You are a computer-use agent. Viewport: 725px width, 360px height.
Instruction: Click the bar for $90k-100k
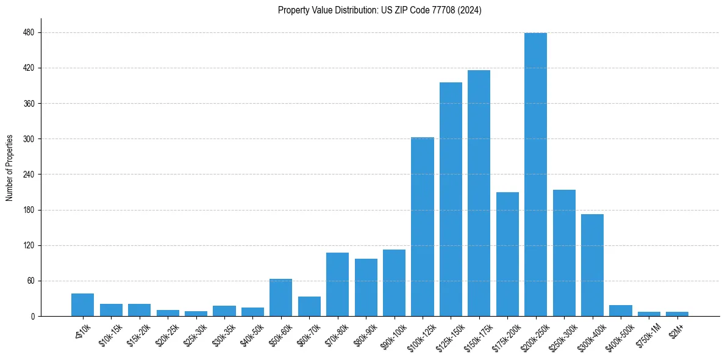tap(394, 283)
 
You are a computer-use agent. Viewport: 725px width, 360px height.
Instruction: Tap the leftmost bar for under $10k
tap(82, 305)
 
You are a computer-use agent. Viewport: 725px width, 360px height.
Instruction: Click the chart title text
tap(379, 10)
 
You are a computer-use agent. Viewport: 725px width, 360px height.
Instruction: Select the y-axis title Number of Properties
tap(10, 168)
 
